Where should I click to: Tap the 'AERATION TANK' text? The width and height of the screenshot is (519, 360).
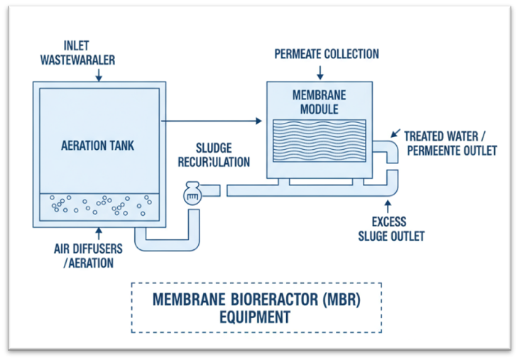(x=98, y=146)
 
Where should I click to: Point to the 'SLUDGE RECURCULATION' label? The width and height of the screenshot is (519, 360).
(x=213, y=156)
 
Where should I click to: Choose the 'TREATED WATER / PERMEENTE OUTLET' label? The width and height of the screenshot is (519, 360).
(x=450, y=143)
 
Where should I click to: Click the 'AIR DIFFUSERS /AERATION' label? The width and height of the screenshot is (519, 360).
(x=89, y=256)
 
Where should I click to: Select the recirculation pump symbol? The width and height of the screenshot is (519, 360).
(x=192, y=194)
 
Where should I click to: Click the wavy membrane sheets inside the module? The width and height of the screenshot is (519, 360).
(x=319, y=141)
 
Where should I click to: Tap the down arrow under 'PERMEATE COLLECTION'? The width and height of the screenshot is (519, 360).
(x=319, y=71)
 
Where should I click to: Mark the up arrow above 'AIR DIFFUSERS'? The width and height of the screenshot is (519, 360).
(x=99, y=234)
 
